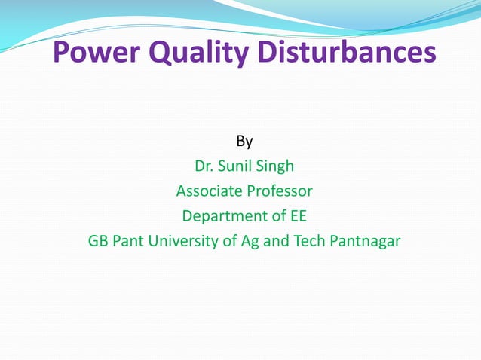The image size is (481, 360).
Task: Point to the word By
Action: pos(244,141)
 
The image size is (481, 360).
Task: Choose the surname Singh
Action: pos(277,166)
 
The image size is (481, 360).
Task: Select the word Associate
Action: pos(207,191)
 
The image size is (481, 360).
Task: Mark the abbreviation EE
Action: pos(299,217)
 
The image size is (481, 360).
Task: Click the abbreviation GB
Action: pos(99,242)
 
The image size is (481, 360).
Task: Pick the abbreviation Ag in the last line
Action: pos(250,243)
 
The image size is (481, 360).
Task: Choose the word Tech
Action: pos(308,242)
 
